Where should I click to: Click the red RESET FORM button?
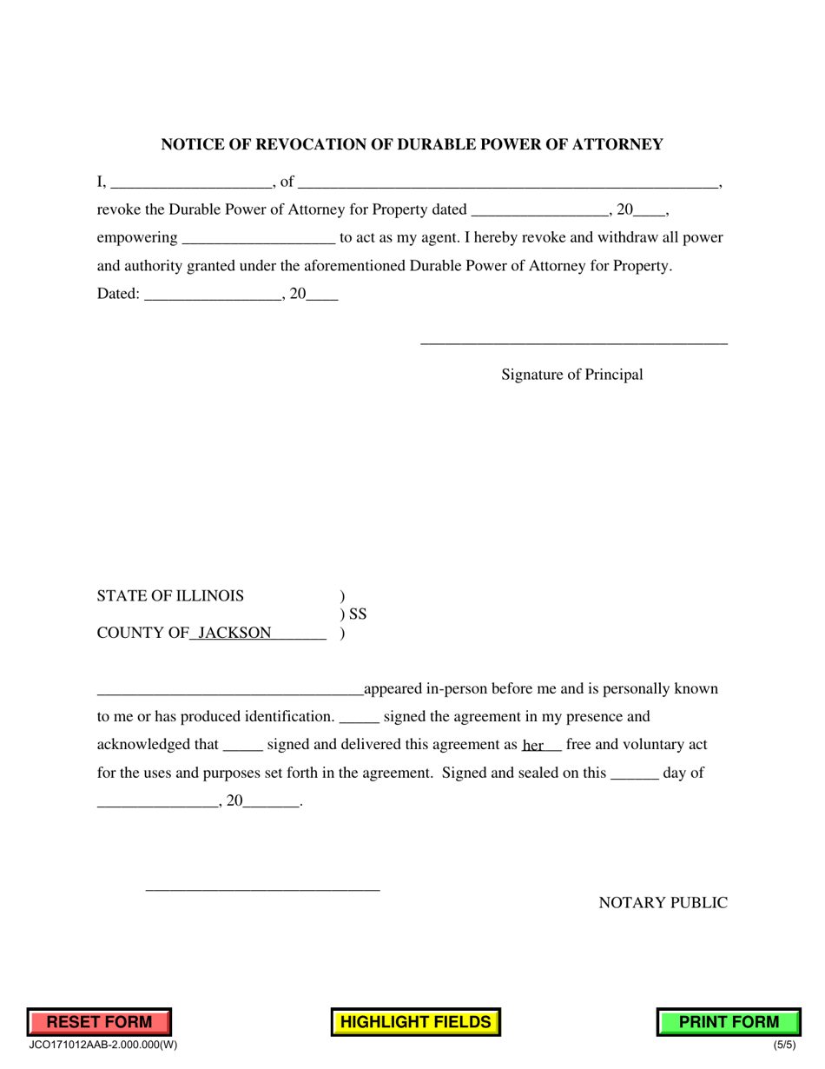99,1022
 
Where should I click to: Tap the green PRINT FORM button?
729,1022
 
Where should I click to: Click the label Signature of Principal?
572,375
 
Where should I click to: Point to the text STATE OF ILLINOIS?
170,596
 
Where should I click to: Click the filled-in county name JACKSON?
234,633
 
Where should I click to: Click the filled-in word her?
533,746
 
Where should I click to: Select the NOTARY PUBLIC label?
663,903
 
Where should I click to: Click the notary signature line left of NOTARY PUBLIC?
262,889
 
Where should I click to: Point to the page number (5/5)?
784,1046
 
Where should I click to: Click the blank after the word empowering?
259,238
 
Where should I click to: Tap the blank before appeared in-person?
230,690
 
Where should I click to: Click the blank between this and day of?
635,774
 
